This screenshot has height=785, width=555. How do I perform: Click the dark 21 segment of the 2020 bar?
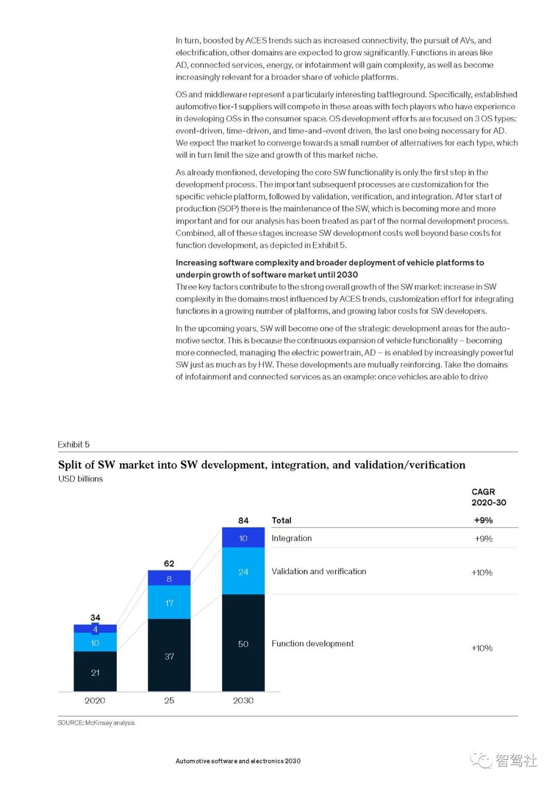pyautogui.click(x=95, y=671)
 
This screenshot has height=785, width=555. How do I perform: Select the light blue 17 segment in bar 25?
pyautogui.click(x=169, y=602)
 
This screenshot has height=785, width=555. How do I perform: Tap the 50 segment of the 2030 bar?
pyautogui.click(x=243, y=643)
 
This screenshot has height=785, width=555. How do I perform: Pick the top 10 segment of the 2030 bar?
pyautogui.click(x=243, y=538)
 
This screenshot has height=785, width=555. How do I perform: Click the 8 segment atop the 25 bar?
pyautogui.click(x=169, y=578)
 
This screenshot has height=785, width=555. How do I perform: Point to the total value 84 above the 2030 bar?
pyautogui.click(x=243, y=520)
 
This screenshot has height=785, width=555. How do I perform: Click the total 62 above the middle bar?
pyautogui.click(x=169, y=563)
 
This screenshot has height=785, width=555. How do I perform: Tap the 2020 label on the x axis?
pyautogui.click(x=95, y=700)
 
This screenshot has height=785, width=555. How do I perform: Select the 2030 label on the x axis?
pyautogui.click(x=243, y=700)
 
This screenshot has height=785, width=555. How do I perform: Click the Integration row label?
pyautogui.click(x=291, y=538)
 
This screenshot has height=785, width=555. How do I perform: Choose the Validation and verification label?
pyautogui.click(x=319, y=571)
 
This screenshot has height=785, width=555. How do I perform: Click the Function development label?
pyautogui.click(x=312, y=644)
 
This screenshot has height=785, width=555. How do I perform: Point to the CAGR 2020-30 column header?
pyautogui.click(x=488, y=497)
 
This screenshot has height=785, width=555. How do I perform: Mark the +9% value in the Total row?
pyautogui.click(x=483, y=520)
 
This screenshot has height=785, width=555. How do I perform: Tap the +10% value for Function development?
pyautogui.click(x=482, y=648)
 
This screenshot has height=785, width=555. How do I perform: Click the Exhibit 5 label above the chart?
pyautogui.click(x=73, y=445)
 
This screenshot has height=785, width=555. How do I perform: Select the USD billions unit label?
pyautogui.click(x=81, y=479)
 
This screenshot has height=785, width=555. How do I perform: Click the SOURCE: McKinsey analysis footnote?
pyautogui.click(x=96, y=723)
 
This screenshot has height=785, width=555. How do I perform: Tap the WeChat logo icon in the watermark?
pyautogui.click(x=482, y=760)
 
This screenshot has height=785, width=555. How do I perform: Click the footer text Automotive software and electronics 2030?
pyautogui.click(x=238, y=761)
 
